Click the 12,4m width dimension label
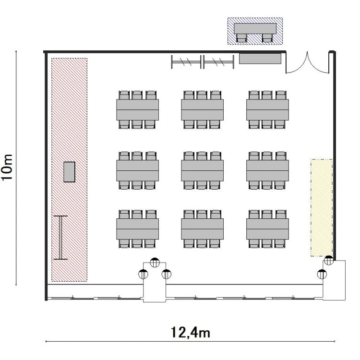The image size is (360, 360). pyautogui.click(x=191, y=333)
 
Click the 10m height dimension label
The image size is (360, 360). pyautogui.click(x=7, y=168)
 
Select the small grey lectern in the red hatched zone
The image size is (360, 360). pyautogui.click(x=69, y=172)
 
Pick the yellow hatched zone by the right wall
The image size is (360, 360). pyautogui.click(x=322, y=207)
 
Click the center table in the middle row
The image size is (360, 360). pyautogui.click(x=202, y=170)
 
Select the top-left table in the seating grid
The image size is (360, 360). pyautogui.click(x=137, y=110)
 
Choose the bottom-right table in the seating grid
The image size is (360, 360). pyautogui.click(x=267, y=229)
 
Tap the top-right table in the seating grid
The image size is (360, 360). pyautogui.click(x=267, y=110)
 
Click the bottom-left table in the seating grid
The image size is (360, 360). pyautogui.click(x=137, y=229)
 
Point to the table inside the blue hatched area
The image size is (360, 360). pyautogui.click(x=255, y=28)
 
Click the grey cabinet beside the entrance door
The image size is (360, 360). pyautogui.click(x=260, y=59)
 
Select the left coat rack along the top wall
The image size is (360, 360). pyautogui.click(x=186, y=62)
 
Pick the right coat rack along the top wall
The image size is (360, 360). pyautogui.click(x=218, y=62)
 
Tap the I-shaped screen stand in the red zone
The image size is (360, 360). pyautogui.click(x=60, y=238)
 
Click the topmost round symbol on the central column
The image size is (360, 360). pyautogui.click(x=155, y=263)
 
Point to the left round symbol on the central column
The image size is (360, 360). pyautogui.click(x=143, y=274)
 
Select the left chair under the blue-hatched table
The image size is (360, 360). pyautogui.click(x=241, y=38)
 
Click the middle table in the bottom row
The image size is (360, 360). pyautogui.click(x=202, y=229)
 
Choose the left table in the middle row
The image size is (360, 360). pyautogui.click(x=137, y=170)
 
